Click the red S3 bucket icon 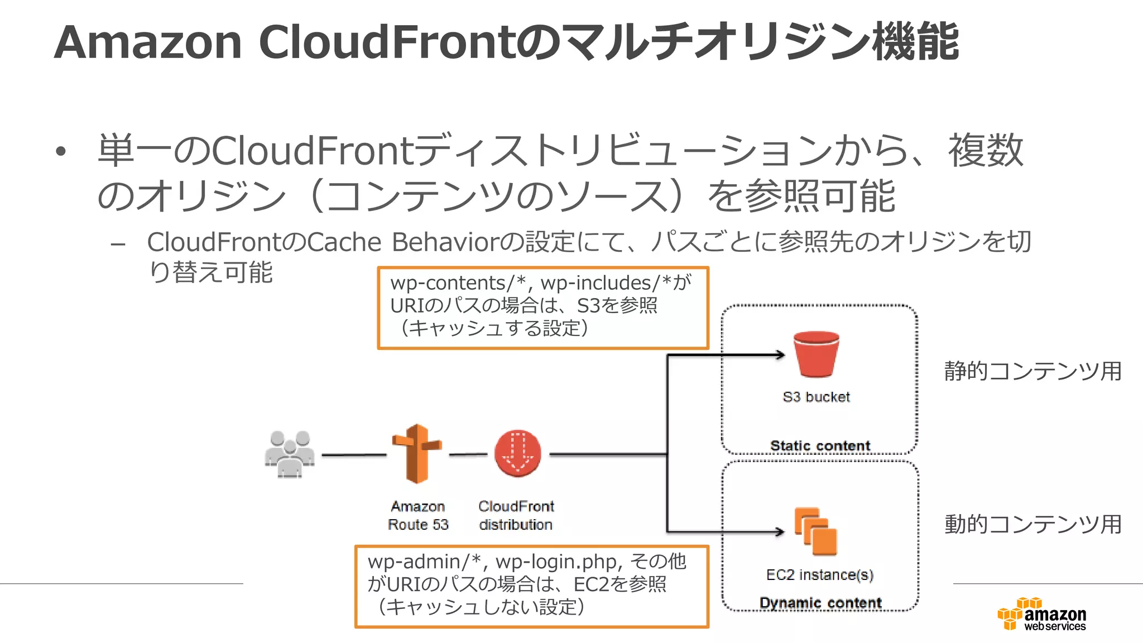(816, 354)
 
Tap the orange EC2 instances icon (816, 531)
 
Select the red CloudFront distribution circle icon (517, 453)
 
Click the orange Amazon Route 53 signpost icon (416, 453)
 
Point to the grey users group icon (289, 454)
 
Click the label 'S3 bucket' (816, 397)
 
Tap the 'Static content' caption (820, 445)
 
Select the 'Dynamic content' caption (820, 603)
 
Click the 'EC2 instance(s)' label (819, 575)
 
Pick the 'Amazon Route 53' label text (418, 515)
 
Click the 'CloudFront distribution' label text (516, 515)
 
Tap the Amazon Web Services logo (1042, 615)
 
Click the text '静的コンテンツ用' (1032, 371)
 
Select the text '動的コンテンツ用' (1032, 524)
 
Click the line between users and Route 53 (354, 455)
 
